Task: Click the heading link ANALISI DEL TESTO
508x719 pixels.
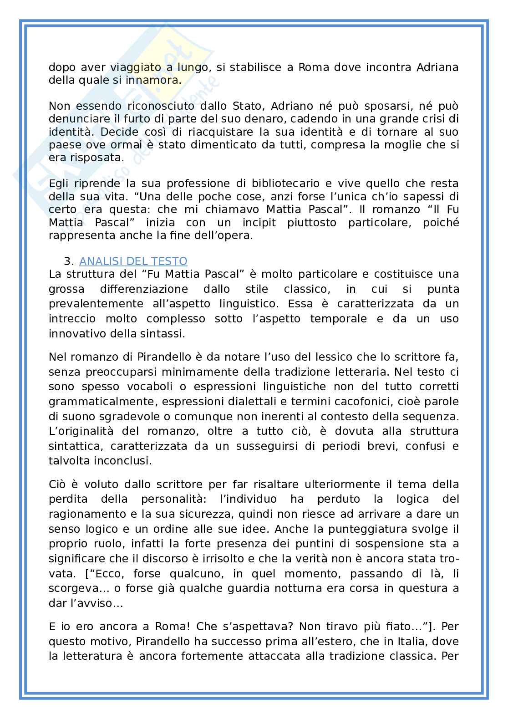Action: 133,261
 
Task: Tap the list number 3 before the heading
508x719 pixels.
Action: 68,261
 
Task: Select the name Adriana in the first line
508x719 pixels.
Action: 437,67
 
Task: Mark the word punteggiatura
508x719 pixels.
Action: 374,529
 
